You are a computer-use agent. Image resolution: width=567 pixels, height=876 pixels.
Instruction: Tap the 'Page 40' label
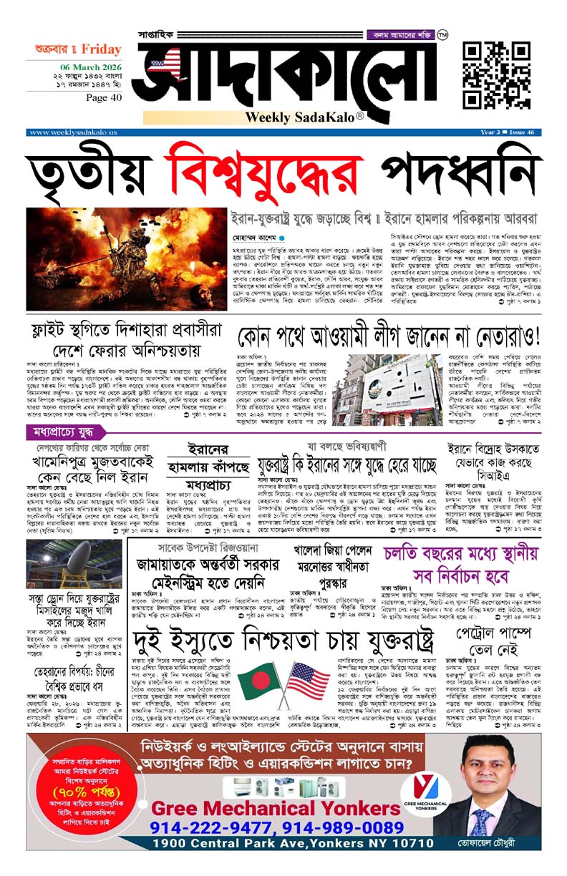pyautogui.click(x=103, y=97)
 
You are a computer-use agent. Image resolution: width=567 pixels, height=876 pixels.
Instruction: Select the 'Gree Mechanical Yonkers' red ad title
pyautogui.click(x=276, y=809)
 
